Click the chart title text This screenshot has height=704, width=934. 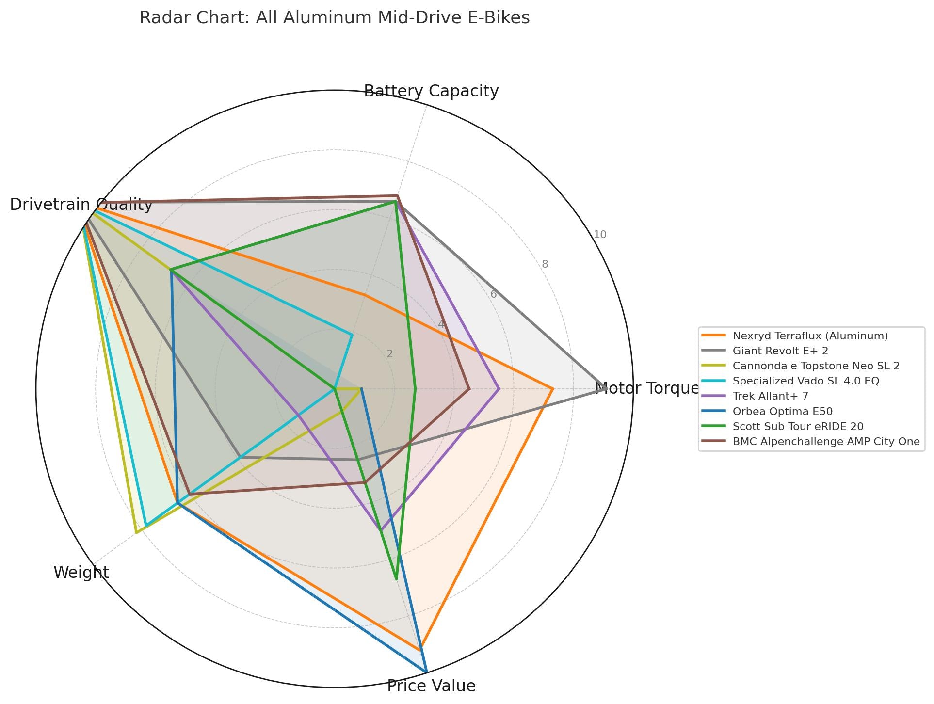point(334,18)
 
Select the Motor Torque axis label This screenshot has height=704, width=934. point(647,388)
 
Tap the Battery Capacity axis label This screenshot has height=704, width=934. point(431,91)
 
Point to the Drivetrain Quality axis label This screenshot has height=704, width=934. point(81,205)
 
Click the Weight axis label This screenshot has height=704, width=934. point(81,573)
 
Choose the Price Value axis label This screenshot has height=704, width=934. point(431,686)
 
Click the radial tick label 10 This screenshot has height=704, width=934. point(600,235)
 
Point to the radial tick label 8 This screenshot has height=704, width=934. point(545,264)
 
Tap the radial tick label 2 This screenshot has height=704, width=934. point(390,354)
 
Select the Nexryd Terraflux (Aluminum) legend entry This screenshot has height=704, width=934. point(810,336)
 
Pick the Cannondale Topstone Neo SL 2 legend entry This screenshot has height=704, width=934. point(816,366)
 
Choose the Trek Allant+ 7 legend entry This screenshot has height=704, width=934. point(771,396)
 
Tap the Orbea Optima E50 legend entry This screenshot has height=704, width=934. point(782,411)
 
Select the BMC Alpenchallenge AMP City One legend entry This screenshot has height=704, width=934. point(826,441)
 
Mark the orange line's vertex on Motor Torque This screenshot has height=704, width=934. point(552,388)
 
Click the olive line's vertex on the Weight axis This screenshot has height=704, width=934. point(137,532)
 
